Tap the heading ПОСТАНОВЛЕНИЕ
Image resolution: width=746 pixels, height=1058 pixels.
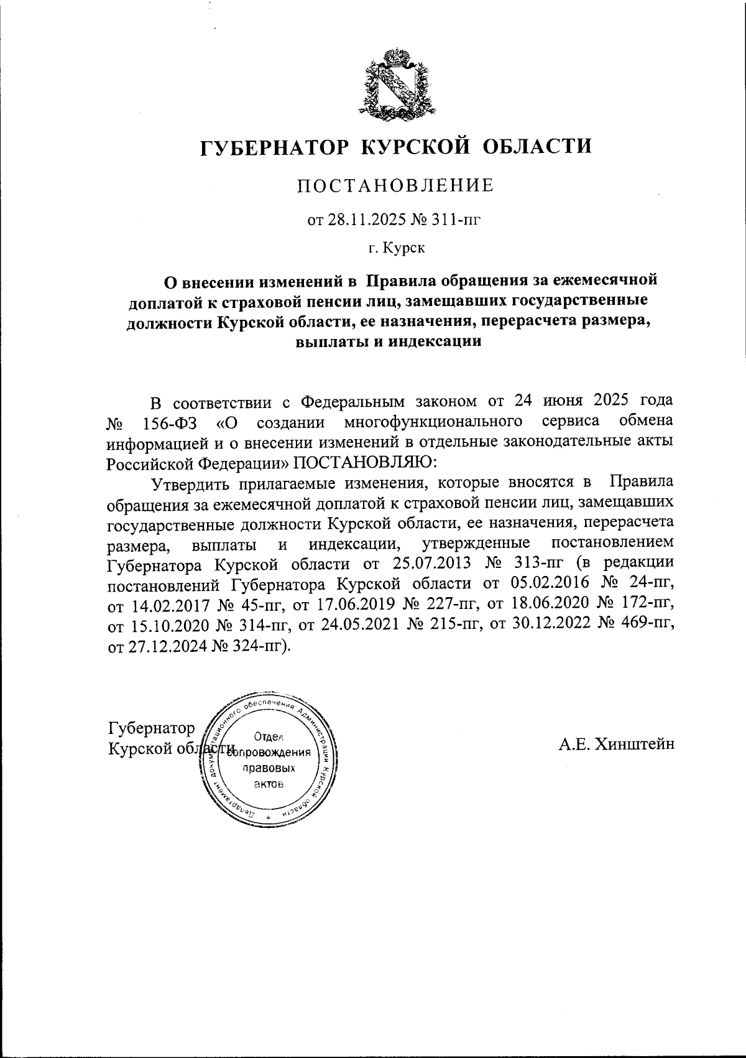[x=396, y=185]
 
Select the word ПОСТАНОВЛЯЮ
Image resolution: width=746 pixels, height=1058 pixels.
[x=364, y=462]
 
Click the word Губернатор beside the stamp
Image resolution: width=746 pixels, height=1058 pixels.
[x=151, y=728]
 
